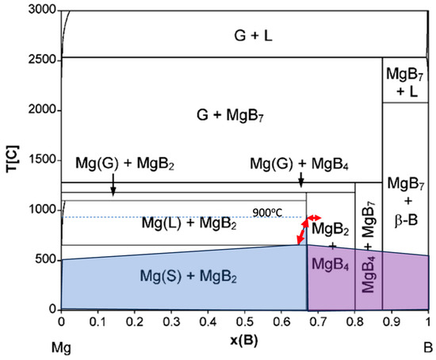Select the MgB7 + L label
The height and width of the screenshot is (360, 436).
(406, 82)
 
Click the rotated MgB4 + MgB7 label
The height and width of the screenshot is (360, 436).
(369, 256)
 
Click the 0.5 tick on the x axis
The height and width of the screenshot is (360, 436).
(245, 324)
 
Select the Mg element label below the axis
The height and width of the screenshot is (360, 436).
(63, 347)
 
